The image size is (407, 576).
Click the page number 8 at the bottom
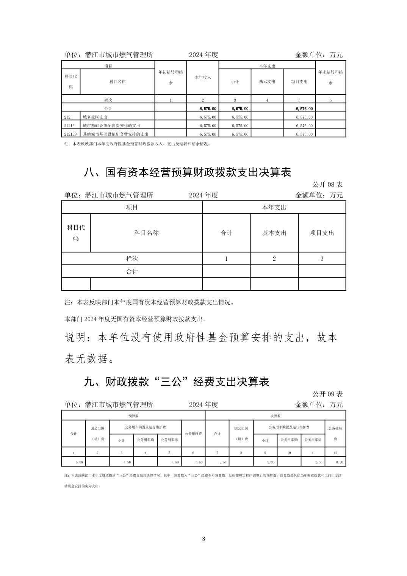pos(203,539)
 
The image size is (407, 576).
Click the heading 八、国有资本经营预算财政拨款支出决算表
pos(187,172)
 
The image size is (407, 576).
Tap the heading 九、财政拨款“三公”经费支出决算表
pos(177,382)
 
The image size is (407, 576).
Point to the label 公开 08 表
pos(327,185)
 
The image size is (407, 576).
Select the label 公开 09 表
pos(327,394)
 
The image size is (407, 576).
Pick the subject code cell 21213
pos(69,125)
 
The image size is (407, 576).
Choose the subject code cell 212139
pos(70,134)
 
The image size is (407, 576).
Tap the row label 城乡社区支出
pos(95,117)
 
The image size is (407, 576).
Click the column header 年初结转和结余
pos(171,77)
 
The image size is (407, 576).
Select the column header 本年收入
pos(203,77)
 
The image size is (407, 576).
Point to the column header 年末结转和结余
pos(330,77)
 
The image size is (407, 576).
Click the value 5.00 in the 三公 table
pos(79,462)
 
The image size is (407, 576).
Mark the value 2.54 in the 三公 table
pos(223,462)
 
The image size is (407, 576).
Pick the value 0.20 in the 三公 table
pos(339,462)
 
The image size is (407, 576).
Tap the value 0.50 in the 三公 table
pos(199,462)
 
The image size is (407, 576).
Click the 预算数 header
pos(133,416)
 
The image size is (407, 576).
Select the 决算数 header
pos(275,416)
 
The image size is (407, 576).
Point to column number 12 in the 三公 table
pos(335,452)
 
